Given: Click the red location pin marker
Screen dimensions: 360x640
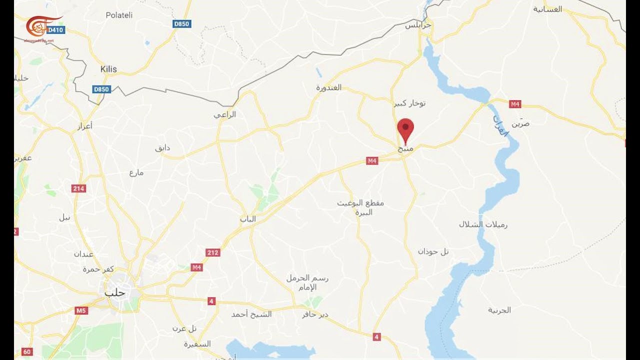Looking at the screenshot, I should point(405,128).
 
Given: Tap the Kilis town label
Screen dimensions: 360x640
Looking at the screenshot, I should point(108,69).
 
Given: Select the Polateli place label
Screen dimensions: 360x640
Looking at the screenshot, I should point(119,15).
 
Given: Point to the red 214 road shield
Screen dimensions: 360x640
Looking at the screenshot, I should point(78,188).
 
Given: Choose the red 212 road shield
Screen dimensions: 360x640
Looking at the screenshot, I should point(213,252).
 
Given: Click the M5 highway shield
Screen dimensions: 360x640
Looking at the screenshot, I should point(81,310).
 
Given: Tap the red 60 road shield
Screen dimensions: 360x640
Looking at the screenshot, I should point(27,352).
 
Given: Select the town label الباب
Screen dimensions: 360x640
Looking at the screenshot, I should point(247,219).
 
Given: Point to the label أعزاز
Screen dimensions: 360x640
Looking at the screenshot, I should point(85,126).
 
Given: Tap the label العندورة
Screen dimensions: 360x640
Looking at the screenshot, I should point(328,87).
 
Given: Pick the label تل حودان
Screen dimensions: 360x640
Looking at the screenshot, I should point(433,251).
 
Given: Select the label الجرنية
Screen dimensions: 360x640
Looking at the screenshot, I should point(499,310).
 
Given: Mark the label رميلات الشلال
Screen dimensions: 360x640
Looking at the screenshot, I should point(483,224).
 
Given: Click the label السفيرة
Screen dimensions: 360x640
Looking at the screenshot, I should point(197,344).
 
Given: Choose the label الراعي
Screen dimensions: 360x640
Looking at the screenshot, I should point(224,114).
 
